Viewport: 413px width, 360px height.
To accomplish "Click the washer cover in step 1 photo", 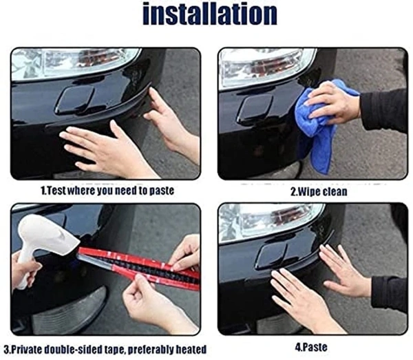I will coord(75,99).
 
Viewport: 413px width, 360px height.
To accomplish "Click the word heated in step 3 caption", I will coord(188,349).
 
